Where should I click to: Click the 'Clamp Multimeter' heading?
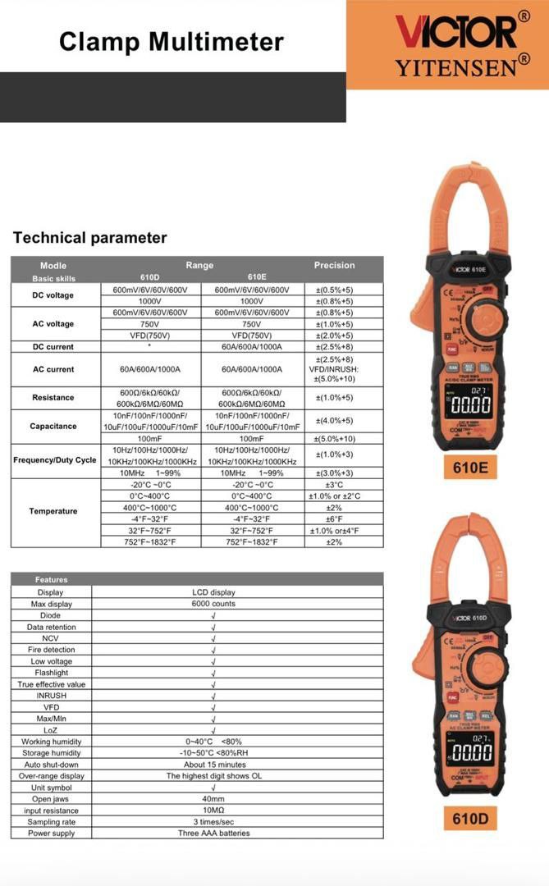point(172,42)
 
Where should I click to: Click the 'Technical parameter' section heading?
point(89,238)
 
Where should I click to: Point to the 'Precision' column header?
point(335,265)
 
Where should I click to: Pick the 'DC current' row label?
point(53,347)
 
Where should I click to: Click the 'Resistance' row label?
point(53,398)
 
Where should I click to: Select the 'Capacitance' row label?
point(53,427)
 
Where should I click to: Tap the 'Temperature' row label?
point(53,511)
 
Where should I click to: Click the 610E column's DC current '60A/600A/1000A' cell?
point(251,347)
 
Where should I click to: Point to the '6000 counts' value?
point(213,604)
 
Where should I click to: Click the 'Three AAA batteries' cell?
point(213,833)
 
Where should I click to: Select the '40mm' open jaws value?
point(213,799)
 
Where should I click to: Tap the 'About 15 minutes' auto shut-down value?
point(213,765)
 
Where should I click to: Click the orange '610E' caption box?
point(471,469)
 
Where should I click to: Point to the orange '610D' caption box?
point(471,818)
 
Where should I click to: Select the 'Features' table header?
point(51,580)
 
